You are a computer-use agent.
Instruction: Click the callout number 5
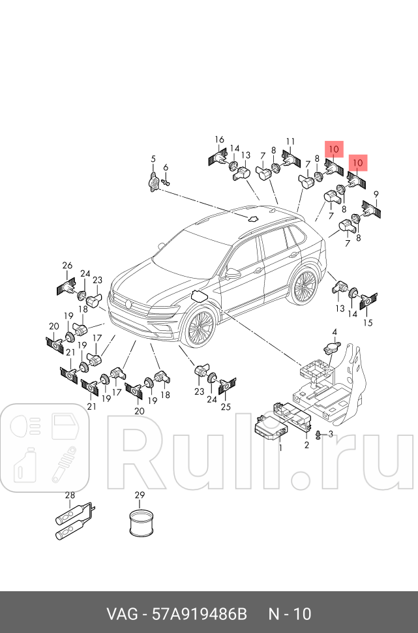click(x=153, y=159)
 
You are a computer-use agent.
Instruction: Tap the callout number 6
click(x=166, y=168)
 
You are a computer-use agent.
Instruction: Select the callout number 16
click(x=220, y=140)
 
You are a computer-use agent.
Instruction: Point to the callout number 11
click(x=290, y=142)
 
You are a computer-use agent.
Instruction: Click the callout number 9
click(x=376, y=194)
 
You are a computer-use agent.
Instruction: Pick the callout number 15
click(x=368, y=322)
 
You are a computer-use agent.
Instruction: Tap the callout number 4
click(x=335, y=333)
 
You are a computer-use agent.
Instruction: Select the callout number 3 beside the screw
click(x=331, y=434)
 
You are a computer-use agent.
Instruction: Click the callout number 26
click(x=67, y=265)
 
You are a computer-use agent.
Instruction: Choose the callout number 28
click(x=70, y=495)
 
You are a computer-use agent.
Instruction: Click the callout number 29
click(x=139, y=495)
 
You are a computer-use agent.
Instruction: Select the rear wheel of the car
click(x=303, y=286)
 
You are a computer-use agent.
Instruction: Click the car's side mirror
click(x=232, y=273)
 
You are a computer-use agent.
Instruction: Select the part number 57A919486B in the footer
click(x=199, y=614)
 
